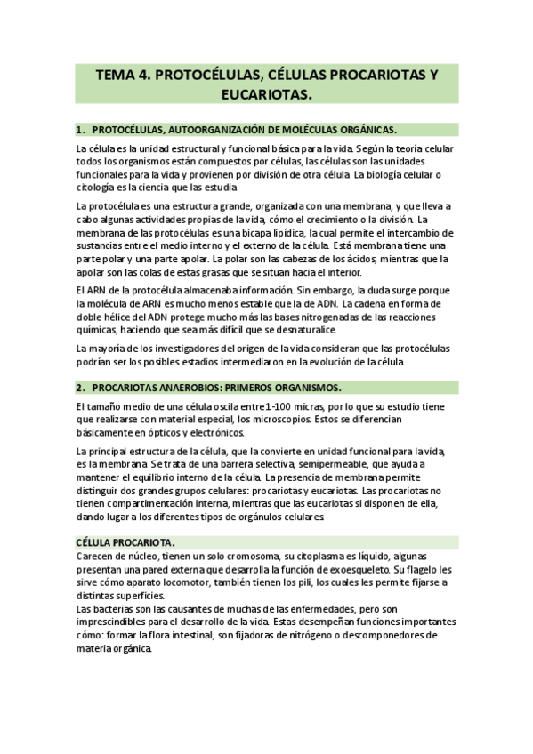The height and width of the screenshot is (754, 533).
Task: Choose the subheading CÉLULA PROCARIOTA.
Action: pos(125,542)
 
